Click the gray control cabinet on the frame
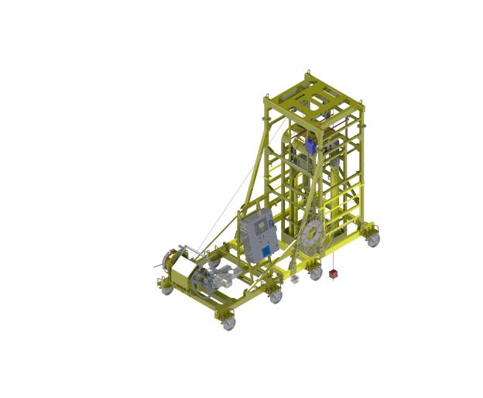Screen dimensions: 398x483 point(256,235)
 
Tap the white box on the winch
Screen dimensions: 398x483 point(184,271)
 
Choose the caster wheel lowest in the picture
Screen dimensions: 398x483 point(228,324)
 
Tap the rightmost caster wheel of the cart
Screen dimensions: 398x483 point(375,240)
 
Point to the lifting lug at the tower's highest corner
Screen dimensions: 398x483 point(305,70)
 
